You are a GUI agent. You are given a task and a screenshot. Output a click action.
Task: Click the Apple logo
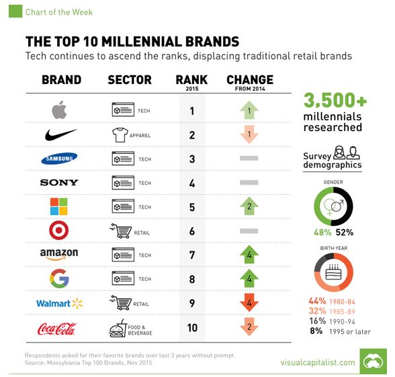pos(59,110)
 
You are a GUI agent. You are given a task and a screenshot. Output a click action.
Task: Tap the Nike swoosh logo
pos(60,134)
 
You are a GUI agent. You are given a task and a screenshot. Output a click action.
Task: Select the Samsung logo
pos(59,159)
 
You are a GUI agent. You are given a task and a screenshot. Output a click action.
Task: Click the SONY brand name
pos(59,183)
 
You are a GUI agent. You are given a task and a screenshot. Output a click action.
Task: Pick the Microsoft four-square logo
pos(58,206)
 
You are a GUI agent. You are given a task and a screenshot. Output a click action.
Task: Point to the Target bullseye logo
pos(58,230)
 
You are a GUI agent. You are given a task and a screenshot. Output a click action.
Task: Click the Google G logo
pos(59,278)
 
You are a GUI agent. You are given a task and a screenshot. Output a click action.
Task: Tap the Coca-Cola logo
pos(56,329)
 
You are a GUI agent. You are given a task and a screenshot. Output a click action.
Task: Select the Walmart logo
pos(59,303)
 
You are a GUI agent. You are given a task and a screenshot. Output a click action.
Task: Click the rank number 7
pos(192,255)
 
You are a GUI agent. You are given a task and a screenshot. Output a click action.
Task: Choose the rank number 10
pos(192,328)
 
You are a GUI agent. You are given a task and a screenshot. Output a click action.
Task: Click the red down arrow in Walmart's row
pos(249,302)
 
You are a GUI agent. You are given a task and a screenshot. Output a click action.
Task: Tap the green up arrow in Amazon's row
pos(249,255)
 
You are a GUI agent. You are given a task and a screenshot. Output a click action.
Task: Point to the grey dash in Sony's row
pos(249,183)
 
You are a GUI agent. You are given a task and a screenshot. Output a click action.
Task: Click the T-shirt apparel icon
pos(120,135)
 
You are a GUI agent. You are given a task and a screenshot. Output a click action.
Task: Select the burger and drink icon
pos(117,328)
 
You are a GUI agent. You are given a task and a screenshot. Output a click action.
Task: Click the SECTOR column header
pos(130,80)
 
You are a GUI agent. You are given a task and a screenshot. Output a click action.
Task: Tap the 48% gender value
pos(322,232)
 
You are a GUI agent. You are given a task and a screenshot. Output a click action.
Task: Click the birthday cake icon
pos(333,272)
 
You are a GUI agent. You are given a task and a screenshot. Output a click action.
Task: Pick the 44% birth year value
pos(317,301)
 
